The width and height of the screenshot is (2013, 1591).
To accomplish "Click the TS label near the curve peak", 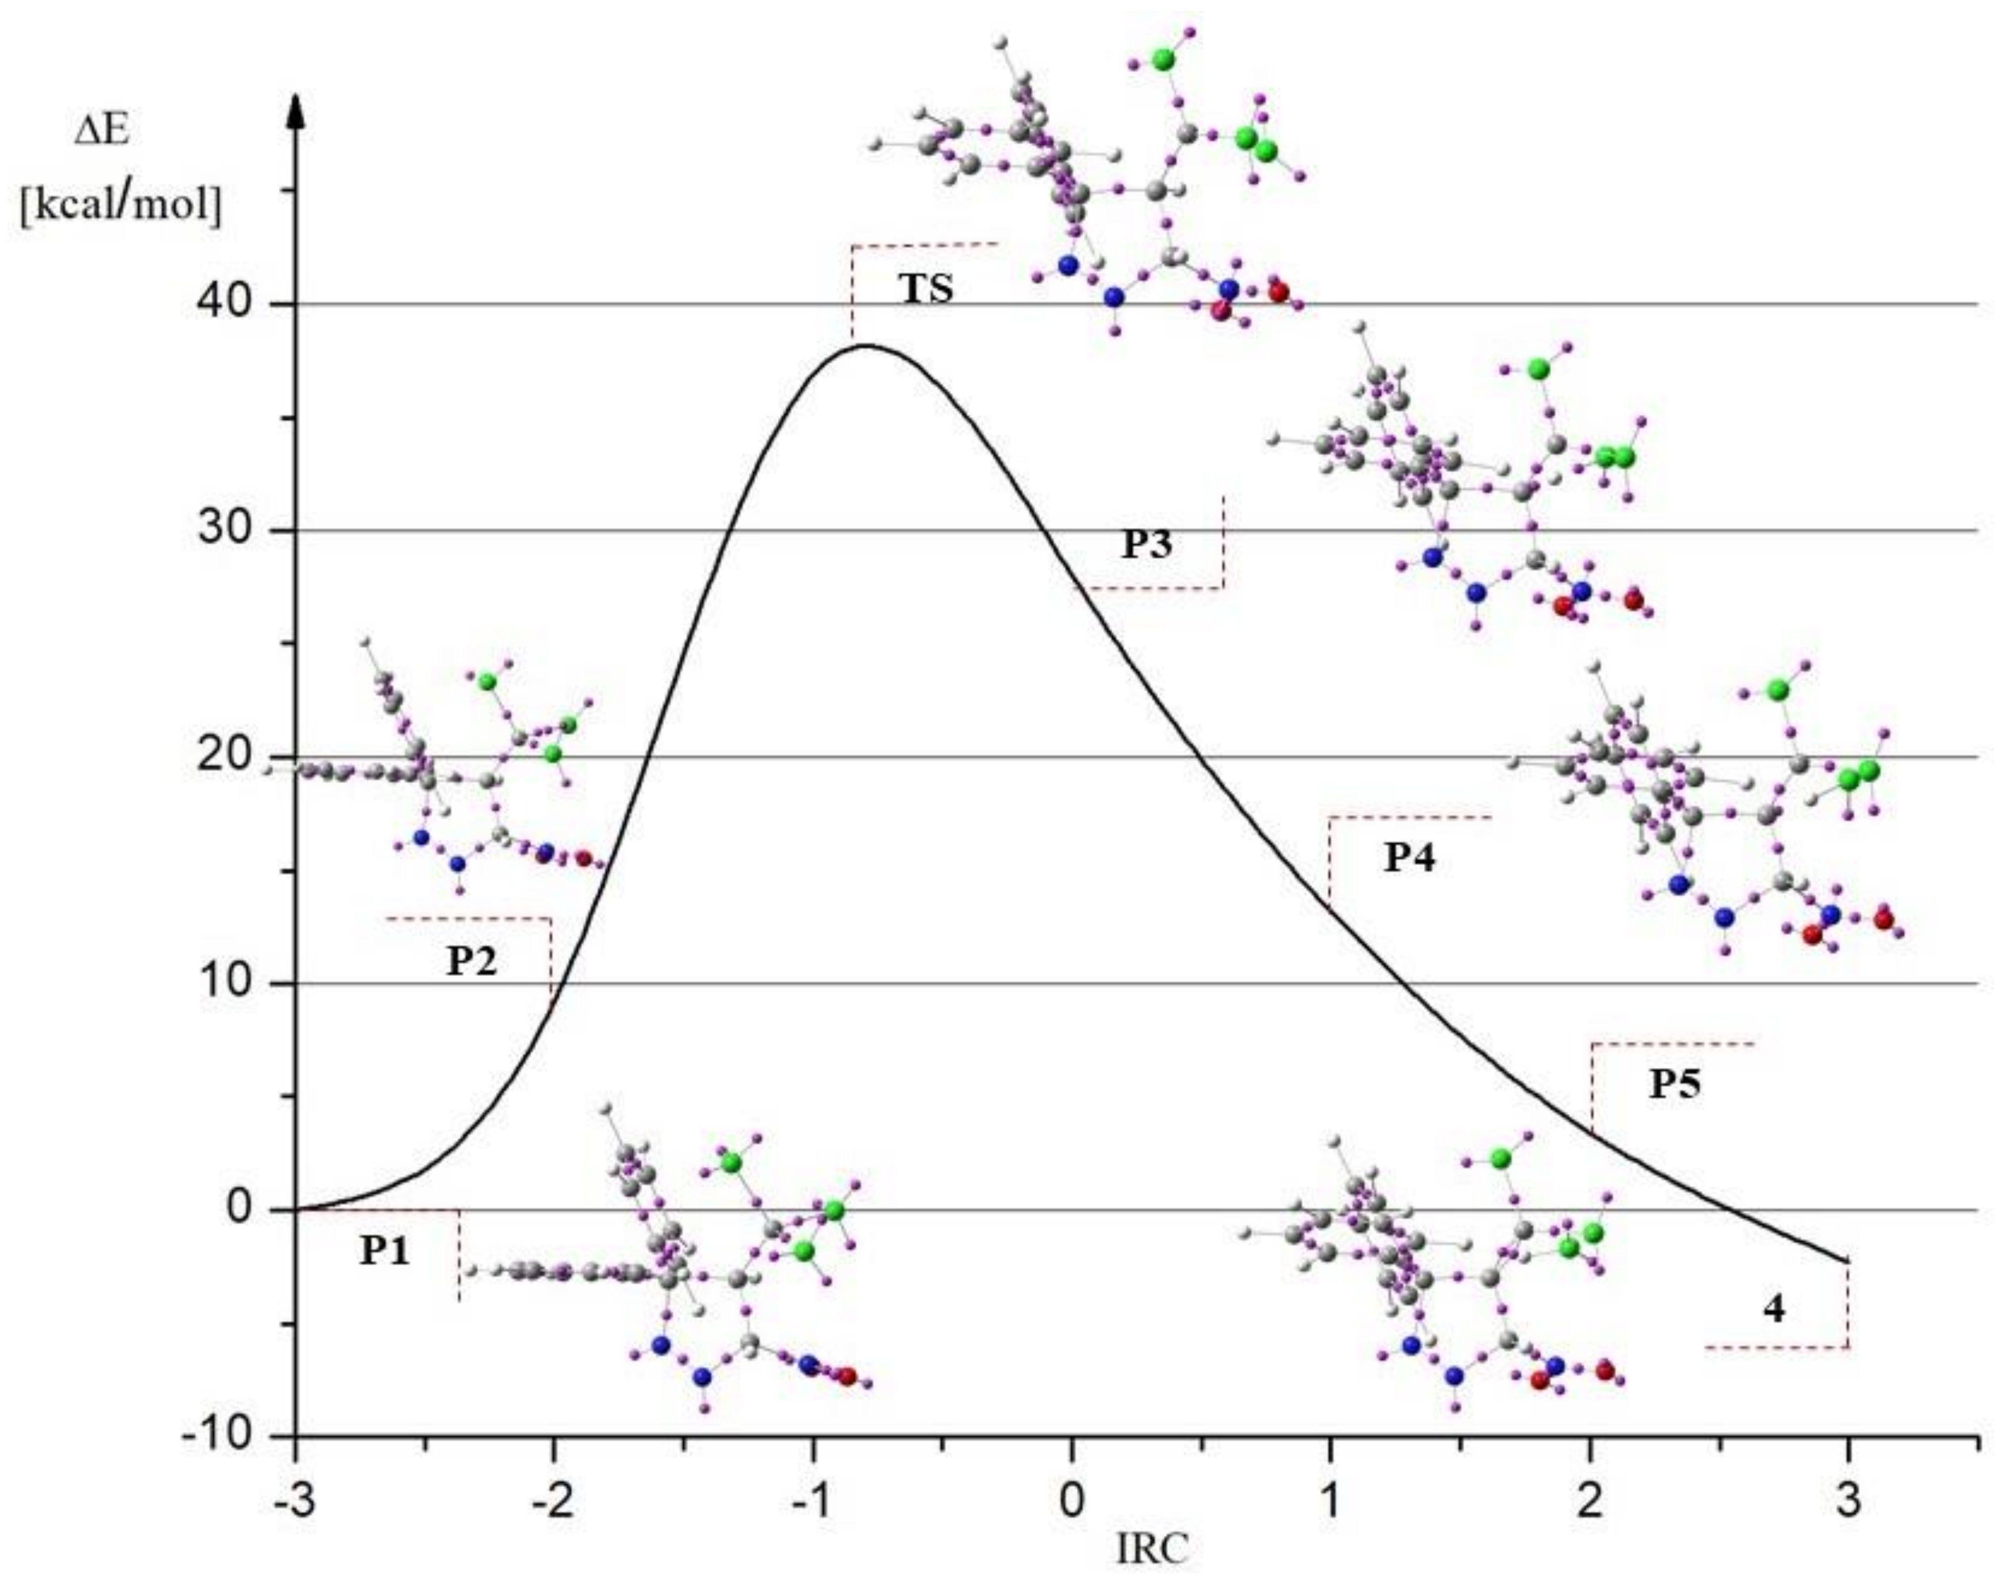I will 928,289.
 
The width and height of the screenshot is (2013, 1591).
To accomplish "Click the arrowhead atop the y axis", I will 296,110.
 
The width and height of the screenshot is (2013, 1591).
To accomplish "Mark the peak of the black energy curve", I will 866,346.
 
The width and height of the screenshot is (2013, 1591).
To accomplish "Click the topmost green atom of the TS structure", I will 1163,60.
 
